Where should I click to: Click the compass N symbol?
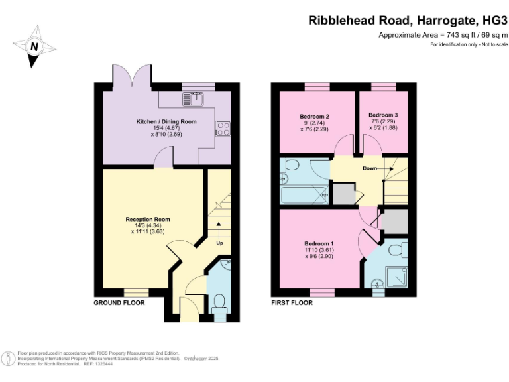tap(34, 46)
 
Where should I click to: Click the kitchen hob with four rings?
tap(223, 129)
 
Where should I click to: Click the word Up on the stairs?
tap(219, 243)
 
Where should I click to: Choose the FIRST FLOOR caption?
tap(292, 302)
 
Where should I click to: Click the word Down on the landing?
tap(370, 168)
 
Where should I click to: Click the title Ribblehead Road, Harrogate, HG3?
tap(403, 20)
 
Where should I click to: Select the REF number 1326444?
tap(99, 364)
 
